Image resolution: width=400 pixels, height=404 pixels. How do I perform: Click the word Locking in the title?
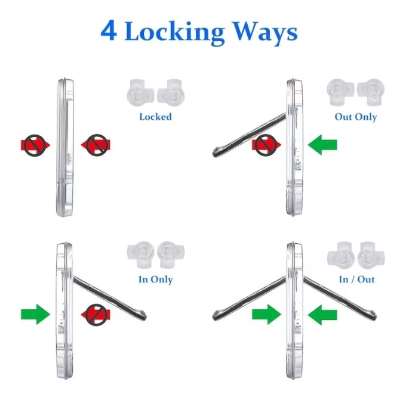pyautogui.click(x=174, y=32)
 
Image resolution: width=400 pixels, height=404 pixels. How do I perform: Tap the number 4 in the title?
pyautogui.click(x=109, y=30)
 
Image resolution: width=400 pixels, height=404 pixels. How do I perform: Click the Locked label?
pyautogui.click(x=155, y=117)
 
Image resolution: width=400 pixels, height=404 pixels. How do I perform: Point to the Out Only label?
pyautogui.click(x=356, y=117)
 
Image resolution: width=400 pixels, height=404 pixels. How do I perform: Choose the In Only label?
pyautogui.click(x=155, y=279)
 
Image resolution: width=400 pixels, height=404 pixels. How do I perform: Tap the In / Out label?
pyautogui.click(x=356, y=279)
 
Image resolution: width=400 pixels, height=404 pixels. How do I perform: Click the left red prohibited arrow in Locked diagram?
pyautogui.click(x=35, y=145)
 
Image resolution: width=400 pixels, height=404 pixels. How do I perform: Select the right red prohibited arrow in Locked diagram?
pyautogui.click(x=96, y=145)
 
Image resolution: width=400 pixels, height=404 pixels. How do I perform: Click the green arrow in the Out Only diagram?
pyautogui.click(x=322, y=145)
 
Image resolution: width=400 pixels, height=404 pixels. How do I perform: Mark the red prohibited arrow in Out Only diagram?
pyautogui.click(x=266, y=145)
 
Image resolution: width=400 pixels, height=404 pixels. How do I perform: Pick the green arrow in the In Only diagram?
pyautogui.click(x=35, y=315)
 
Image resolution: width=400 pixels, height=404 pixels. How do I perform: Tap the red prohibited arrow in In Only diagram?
pyautogui.click(x=96, y=315)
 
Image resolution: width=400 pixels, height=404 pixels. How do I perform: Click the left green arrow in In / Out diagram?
pyautogui.click(x=266, y=315)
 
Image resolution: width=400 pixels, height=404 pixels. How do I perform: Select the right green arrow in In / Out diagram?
pyautogui.click(x=322, y=315)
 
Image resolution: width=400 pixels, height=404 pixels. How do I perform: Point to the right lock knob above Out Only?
pyautogui.click(x=371, y=92)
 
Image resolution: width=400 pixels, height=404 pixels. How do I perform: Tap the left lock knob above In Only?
pyautogui.click(x=141, y=254)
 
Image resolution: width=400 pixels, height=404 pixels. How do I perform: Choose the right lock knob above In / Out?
pyautogui.click(x=371, y=255)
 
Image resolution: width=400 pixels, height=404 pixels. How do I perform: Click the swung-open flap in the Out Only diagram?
pyautogui.click(x=249, y=135)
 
